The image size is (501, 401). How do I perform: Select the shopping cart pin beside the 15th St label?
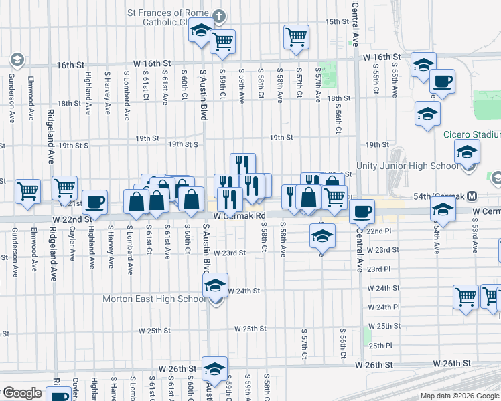pos(295,37)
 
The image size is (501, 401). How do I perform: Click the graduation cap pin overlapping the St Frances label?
pos(200,31)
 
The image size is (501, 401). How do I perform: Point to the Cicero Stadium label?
pos(472,134)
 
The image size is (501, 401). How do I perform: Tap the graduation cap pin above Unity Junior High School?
pos(466,152)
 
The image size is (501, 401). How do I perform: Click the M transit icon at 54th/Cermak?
pos(473,196)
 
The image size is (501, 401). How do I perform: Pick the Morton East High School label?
pos(154,299)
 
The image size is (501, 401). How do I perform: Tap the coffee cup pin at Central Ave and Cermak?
pos(362,211)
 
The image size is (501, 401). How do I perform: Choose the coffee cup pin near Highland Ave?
pos(94,201)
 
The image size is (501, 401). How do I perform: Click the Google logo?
pos(23,393)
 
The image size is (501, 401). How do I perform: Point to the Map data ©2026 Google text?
pos(459,396)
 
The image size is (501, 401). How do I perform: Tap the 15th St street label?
pos(334,22)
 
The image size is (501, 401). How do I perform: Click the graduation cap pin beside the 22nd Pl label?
pos(321,235)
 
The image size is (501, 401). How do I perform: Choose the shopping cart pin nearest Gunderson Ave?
pos(27,190)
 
